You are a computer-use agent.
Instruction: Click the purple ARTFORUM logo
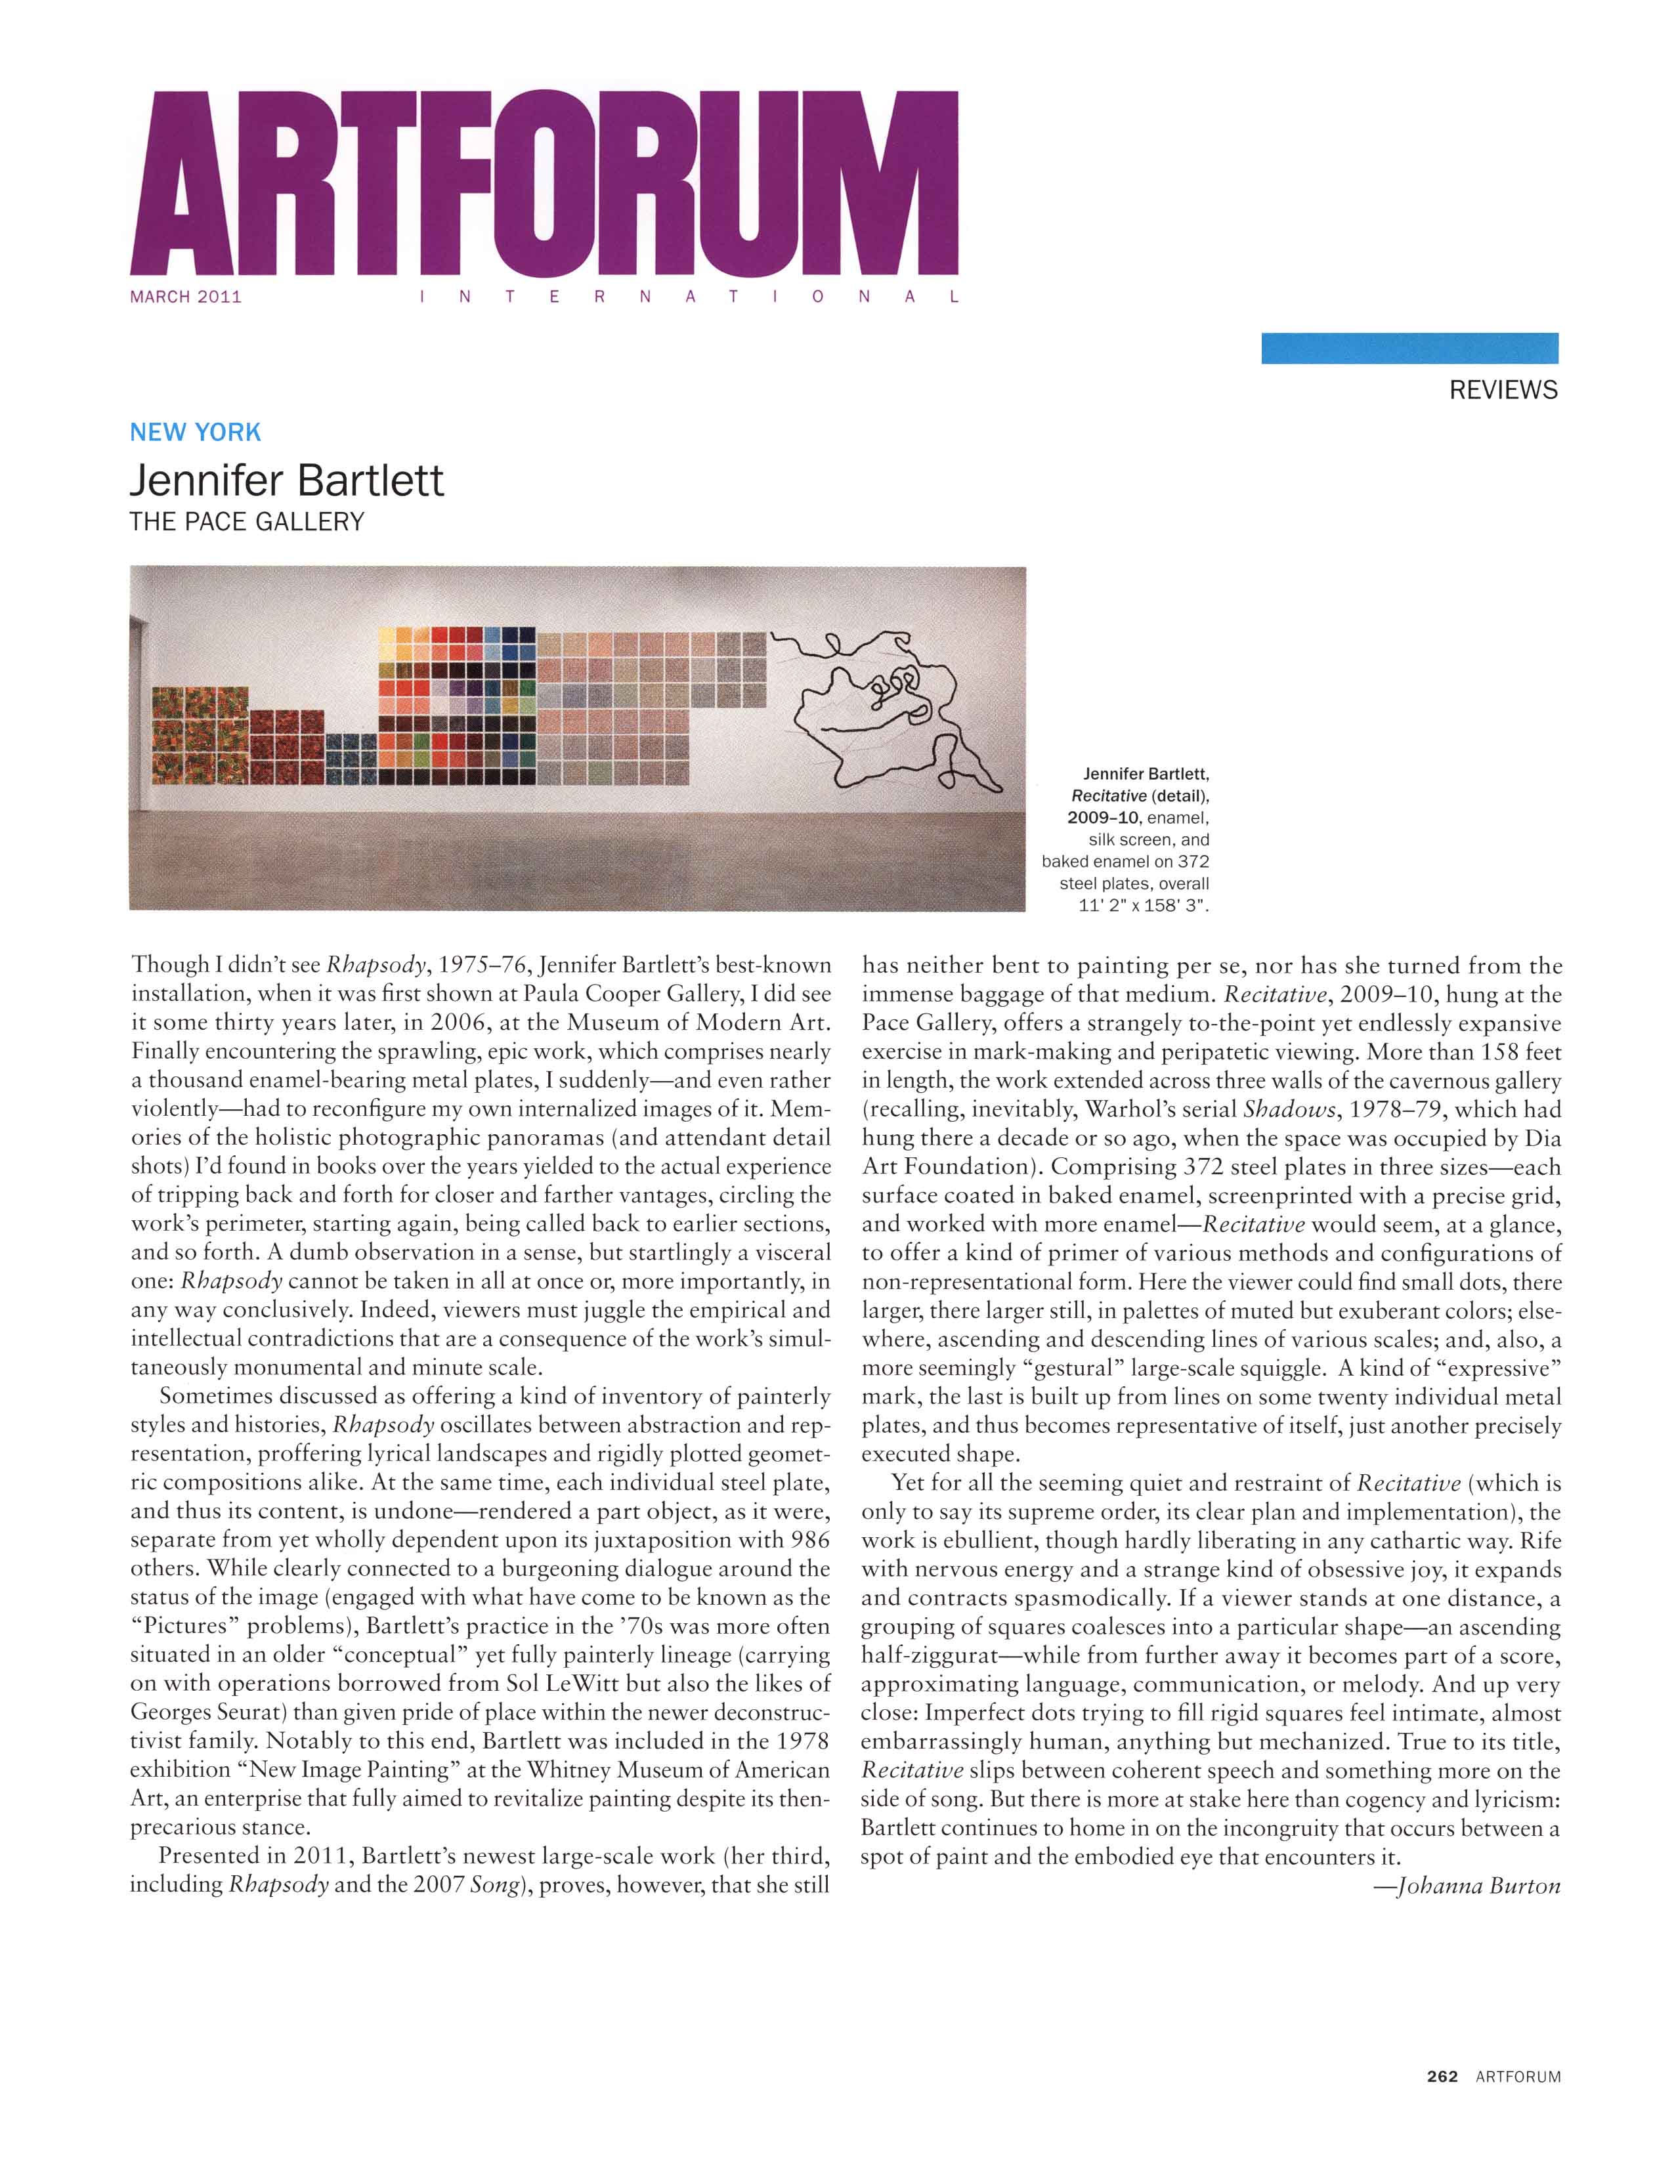pos(544,184)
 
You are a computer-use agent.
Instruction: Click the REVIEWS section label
pos(1503,391)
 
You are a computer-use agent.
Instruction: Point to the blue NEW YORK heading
pos(196,433)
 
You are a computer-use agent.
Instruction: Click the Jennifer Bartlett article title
pos(287,481)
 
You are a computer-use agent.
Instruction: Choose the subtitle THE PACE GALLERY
pos(247,522)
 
